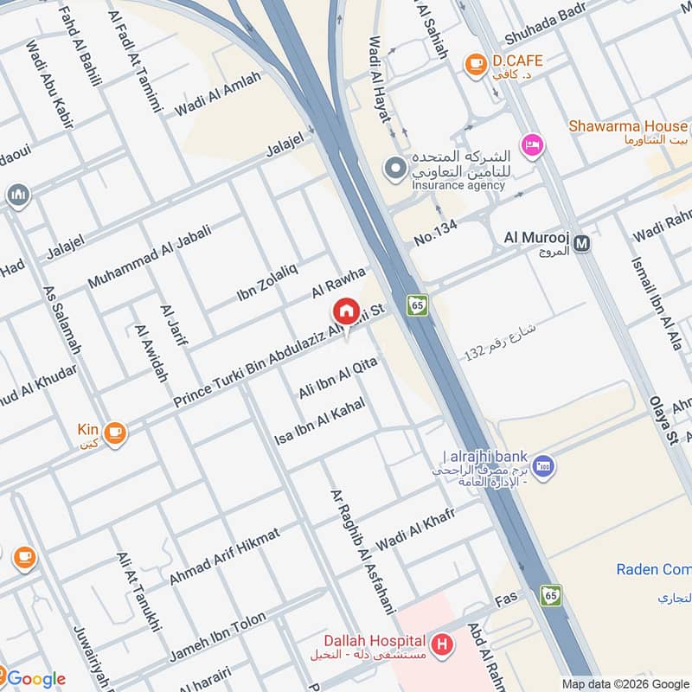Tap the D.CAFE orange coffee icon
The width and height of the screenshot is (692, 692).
(474, 63)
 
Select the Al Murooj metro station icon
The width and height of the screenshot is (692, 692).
(583, 244)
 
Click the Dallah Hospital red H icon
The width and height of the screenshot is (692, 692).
(443, 644)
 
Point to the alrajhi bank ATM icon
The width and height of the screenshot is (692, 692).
(544, 467)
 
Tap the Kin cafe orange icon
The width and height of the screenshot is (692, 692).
(115, 433)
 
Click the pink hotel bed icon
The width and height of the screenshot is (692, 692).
(531, 144)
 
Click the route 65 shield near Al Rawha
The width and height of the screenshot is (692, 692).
(418, 305)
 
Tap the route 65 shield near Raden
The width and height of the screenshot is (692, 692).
(551, 595)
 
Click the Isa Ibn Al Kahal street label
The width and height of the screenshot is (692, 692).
(320, 422)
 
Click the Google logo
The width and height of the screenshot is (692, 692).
(35, 678)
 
